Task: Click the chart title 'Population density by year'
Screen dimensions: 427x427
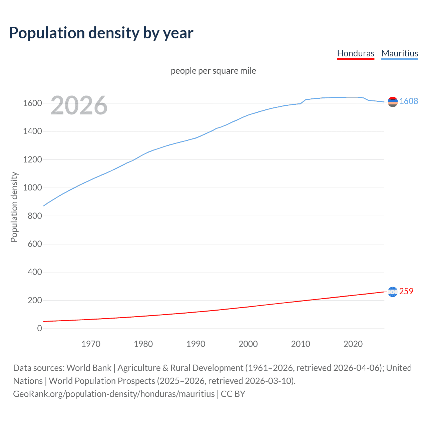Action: [x=101, y=33]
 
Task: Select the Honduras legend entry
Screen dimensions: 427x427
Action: [x=356, y=53]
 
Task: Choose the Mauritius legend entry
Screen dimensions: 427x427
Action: [x=400, y=53]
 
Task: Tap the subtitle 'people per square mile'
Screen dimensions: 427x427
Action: [x=213, y=71]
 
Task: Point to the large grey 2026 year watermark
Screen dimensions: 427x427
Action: [x=79, y=105]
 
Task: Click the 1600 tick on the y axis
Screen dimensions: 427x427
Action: [x=32, y=103]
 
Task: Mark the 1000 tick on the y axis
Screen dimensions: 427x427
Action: [x=32, y=187]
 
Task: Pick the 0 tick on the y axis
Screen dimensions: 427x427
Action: [x=40, y=328]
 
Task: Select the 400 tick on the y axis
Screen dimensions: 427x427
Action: [x=35, y=272]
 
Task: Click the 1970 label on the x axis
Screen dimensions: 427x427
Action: [x=91, y=344]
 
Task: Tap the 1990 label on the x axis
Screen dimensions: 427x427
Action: [x=196, y=344]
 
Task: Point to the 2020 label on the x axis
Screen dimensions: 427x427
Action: [x=353, y=344]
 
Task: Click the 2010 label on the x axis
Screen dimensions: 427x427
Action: [x=301, y=344]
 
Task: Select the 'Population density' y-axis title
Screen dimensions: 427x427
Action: [x=14, y=207]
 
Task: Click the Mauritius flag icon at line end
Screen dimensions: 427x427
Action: [x=393, y=102]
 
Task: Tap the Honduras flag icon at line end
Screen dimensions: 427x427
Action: [x=393, y=292]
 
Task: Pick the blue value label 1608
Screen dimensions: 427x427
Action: [x=409, y=101]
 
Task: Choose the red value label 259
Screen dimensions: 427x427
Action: [x=406, y=291]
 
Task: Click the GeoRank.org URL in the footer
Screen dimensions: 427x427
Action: [x=114, y=394]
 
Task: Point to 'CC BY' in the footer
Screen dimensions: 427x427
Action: [x=233, y=394]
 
